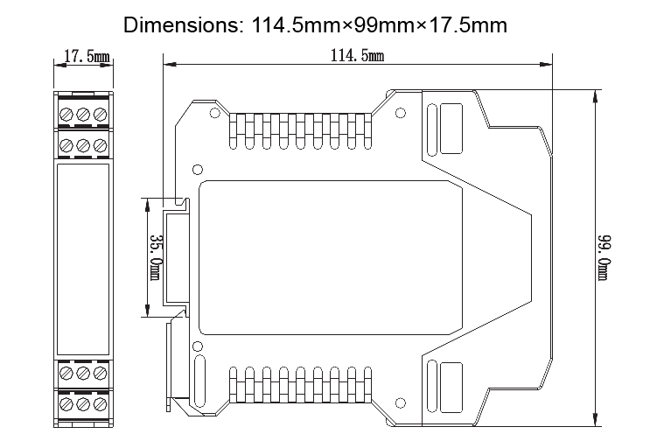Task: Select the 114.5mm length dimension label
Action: pos(357,57)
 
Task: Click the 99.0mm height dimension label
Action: pos(604,256)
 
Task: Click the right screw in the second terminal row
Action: pos(100,144)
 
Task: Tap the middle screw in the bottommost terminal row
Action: pos(84,404)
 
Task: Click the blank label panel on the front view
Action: pos(84,259)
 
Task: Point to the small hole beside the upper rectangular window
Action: pos(401,112)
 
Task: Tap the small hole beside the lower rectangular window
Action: pos(401,404)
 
